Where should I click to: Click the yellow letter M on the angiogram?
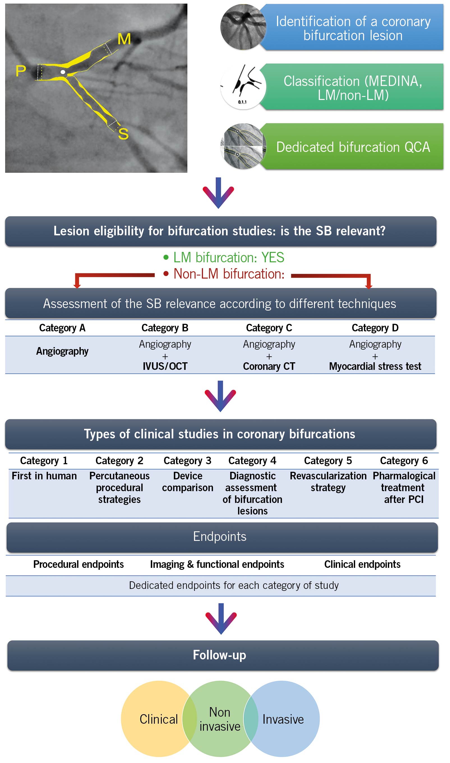(124, 39)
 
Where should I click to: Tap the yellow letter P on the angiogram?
(21, 71)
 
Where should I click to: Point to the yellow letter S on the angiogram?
(123, 134)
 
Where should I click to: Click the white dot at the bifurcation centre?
(63, 72)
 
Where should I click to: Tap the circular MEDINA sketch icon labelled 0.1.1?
(243, 87)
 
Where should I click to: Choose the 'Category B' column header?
(165, 328)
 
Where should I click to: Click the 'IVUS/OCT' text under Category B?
(165, 366)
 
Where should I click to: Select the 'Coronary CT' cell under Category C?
(269, 366)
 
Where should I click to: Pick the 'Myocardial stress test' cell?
(375, 366)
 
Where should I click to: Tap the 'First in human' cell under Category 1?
(44, 476)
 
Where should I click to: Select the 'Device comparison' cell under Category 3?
(188, 482)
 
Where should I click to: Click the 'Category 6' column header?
(404, 461)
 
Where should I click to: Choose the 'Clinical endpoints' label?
(362, 564)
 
